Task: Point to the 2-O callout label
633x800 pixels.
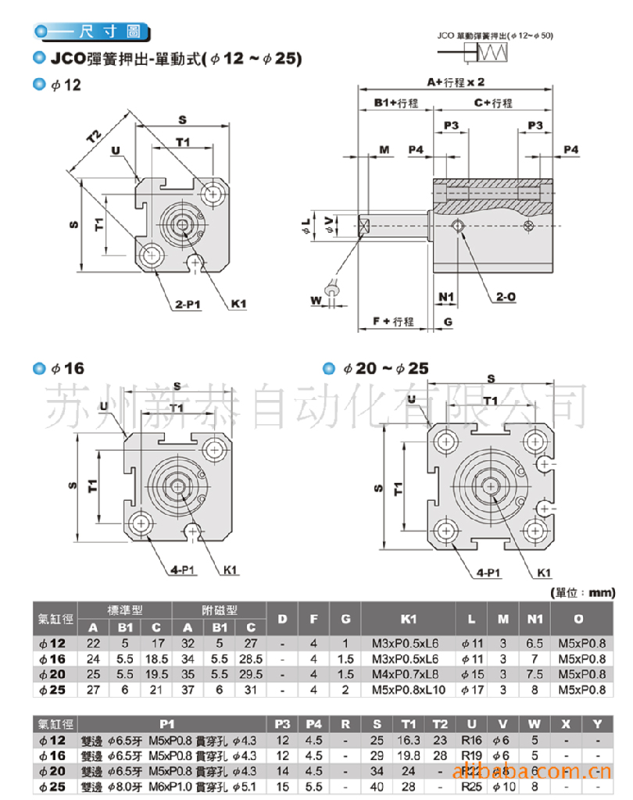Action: coord(505,297)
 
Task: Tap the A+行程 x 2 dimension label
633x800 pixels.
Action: coord(456,81)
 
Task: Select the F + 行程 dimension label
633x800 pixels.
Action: coord(392,321)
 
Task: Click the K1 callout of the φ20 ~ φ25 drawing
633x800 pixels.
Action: coord(545,573)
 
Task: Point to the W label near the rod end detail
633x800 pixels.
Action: coord(316,299)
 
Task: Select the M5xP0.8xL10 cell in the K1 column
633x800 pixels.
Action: coord(408,689)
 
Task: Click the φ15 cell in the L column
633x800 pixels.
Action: coord(472,673)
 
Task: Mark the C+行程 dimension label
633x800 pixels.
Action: coord(493,103)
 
